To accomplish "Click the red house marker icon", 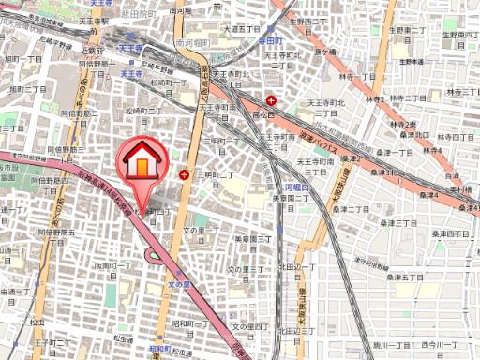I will tap(140, 159).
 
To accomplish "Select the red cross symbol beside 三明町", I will tap(185, 173).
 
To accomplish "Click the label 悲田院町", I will tap(152, 16).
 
